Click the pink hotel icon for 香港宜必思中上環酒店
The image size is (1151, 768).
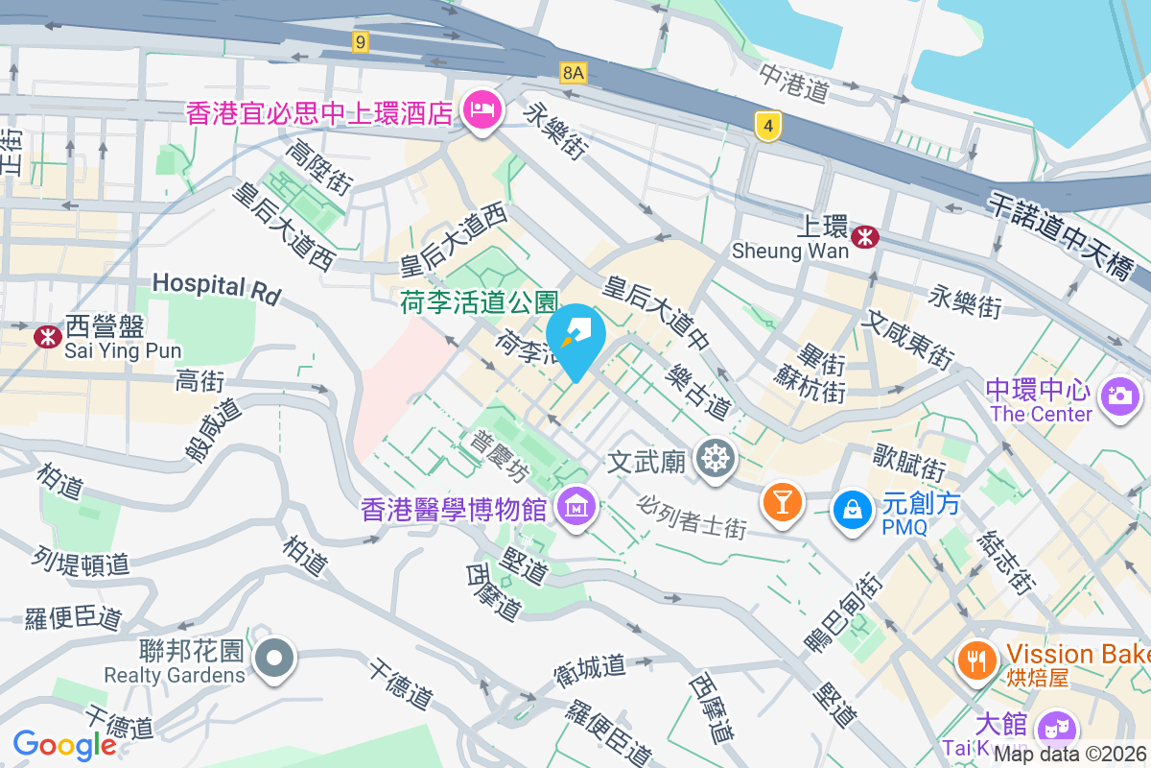pos(481,110)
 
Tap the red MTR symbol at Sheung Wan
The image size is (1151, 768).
pos(865,235)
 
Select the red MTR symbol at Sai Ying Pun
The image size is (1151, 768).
pos(45,336)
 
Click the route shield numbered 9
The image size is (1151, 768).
pos(360,41)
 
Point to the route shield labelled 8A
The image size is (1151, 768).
pos(574,72)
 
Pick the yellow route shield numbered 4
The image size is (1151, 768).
pos(764,126)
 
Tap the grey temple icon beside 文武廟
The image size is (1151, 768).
pos(715,460)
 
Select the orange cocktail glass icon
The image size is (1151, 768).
pos(782,501)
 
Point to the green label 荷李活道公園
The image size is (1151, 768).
pos(479,303)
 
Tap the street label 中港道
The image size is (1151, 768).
pos(793,84)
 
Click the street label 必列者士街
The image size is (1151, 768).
pos(692,516)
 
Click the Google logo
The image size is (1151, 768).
pos(64,745)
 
